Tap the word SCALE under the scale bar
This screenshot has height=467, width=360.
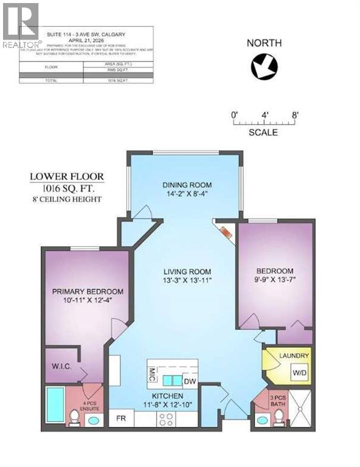click(263, 132)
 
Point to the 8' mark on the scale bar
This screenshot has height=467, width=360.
click(295, 114)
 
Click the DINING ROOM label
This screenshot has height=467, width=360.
click(185, 185)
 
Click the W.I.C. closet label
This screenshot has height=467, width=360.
click(62, 366)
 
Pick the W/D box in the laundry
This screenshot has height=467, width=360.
click(300, 372)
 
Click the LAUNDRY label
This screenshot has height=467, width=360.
click(294, 356)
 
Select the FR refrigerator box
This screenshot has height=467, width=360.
click(120, 419)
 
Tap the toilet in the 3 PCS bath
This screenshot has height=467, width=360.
click(279, 417)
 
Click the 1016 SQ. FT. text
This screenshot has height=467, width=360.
click(67, 187)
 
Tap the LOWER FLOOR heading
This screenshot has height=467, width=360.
click(67, 177)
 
